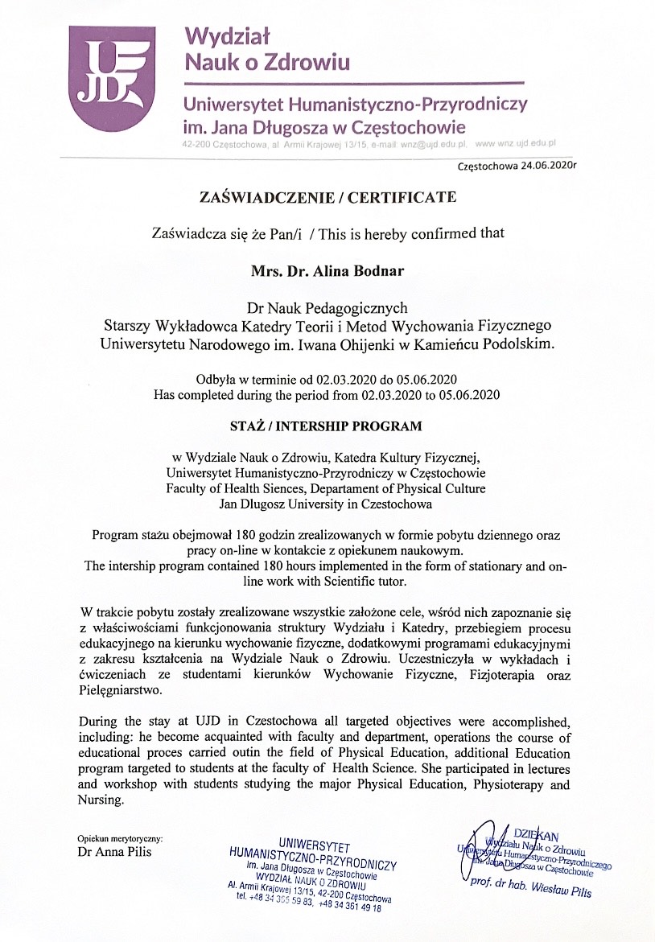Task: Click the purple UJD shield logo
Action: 109,79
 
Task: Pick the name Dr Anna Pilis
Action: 113,852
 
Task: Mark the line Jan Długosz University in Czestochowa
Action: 326,504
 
